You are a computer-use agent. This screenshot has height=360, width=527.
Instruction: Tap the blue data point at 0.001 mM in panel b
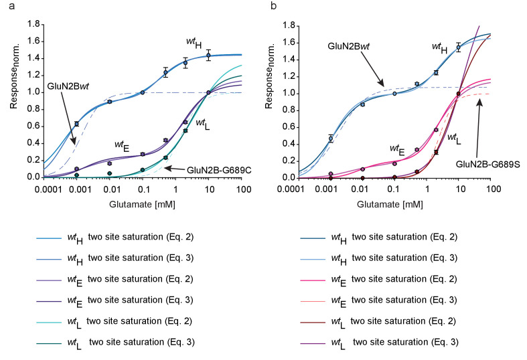pos(330,139)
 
